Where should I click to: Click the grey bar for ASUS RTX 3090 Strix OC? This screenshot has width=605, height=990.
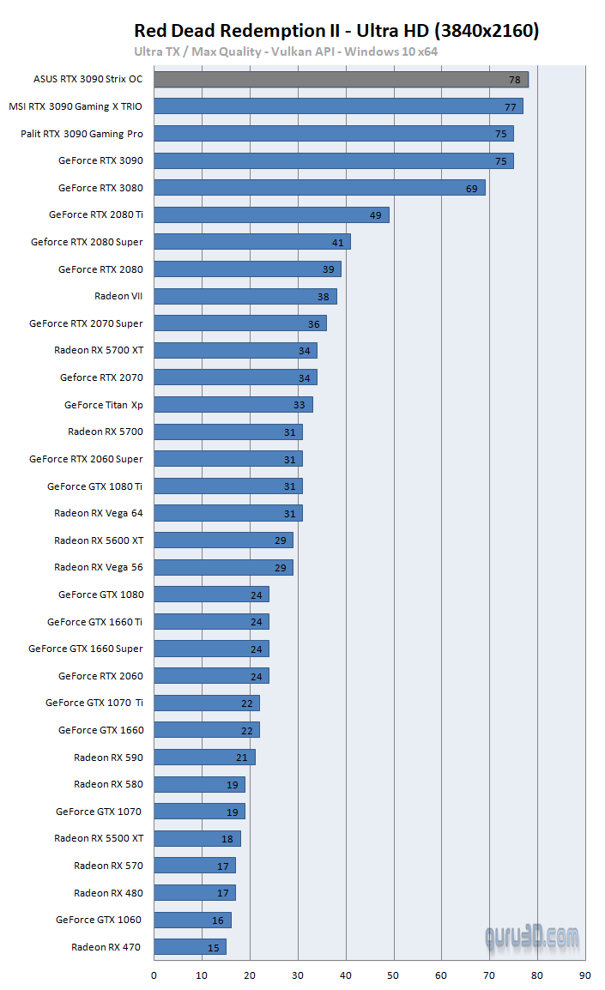click(341, 79)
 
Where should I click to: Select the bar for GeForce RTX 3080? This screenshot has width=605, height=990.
click(319, 188)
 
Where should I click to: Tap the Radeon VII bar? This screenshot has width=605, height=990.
click(245, 296)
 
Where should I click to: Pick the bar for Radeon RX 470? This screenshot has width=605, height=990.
click(190, 947)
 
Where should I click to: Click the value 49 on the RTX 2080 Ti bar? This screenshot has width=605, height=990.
click(376, 214)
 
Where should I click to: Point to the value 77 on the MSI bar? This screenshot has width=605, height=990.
click(511, 106)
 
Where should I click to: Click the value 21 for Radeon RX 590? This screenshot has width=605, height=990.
click(242, 758)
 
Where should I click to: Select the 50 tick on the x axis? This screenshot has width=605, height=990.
click(393, 975)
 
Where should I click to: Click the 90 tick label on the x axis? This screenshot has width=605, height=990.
click(584, 975)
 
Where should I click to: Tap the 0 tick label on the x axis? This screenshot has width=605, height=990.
click(154, 975)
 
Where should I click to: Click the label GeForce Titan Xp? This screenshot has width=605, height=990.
click(104, 405)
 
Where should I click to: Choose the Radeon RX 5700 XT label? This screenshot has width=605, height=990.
click(99, 350)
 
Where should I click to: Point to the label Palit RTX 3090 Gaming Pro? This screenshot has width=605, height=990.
click(82, 134)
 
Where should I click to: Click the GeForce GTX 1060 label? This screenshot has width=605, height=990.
click(100, 920)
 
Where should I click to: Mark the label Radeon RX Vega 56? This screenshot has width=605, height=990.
click(99, 567)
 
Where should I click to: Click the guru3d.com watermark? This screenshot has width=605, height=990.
click(531, 937)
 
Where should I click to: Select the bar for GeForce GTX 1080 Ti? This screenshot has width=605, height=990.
click(227, 486)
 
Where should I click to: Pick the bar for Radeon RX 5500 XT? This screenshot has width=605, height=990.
click(197, 839)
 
